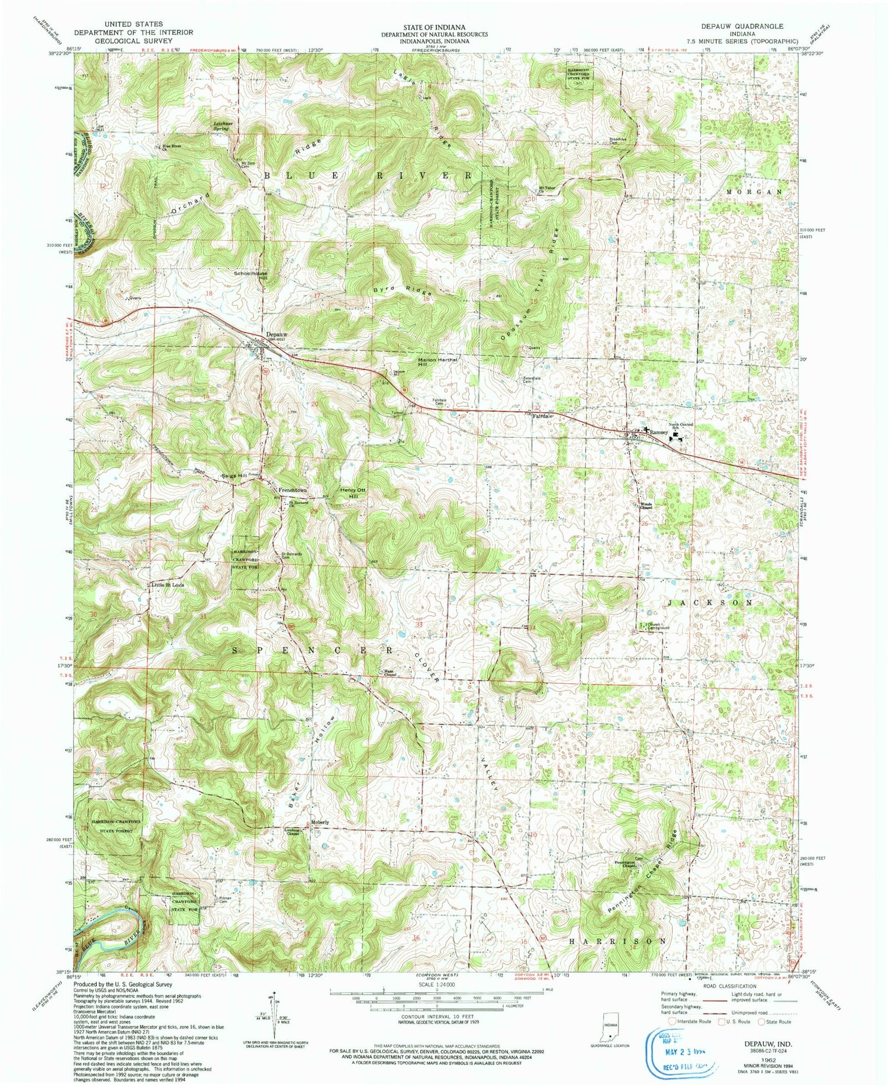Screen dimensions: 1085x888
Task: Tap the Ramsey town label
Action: [658, 432]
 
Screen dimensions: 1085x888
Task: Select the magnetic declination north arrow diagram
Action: [274, 1015]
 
